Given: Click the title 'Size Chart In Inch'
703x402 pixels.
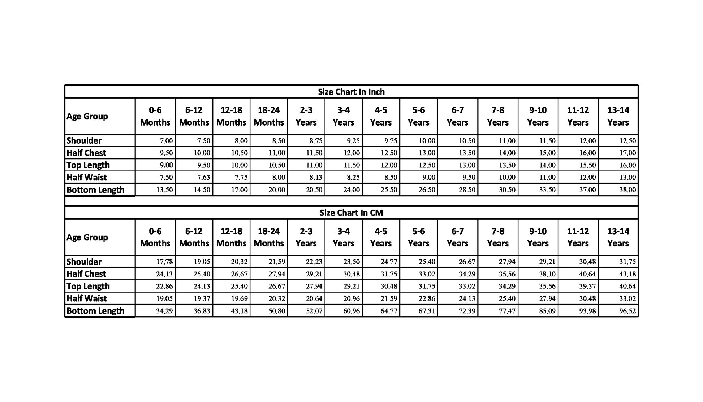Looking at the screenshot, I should click(351, 92).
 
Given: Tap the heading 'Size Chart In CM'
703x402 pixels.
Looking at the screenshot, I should click(351, 213).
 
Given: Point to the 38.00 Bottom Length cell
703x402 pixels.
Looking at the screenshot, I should click(627, 190).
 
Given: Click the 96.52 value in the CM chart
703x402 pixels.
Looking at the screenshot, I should click(627, 311).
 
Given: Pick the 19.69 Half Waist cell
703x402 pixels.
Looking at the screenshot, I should click(239, 298).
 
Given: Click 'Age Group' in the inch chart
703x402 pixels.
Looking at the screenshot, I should click(87, 117).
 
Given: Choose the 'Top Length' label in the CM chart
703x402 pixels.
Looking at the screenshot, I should click(88, 286).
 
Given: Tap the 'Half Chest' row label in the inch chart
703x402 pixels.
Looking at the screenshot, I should click(86, 153).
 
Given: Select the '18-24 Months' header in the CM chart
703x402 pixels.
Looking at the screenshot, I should click(269, 237).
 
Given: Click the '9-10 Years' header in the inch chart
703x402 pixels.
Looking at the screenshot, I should click(538, 116).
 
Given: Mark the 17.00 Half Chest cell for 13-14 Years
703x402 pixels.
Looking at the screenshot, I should click(627, 153).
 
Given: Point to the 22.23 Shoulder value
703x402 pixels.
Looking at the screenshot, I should click(314, 262).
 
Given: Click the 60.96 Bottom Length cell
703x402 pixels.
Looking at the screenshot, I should click(351, 311).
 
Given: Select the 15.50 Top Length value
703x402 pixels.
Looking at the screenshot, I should click(587, 165).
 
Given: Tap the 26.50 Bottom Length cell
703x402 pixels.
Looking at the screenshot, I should click(427, 190).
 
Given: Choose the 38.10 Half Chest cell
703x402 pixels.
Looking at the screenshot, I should click(547, 274).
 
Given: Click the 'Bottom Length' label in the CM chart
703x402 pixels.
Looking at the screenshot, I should click(95, 311).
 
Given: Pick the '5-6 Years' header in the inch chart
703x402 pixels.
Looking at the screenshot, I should click(418, 116).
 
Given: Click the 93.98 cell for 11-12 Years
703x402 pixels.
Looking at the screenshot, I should click(587, 311).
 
